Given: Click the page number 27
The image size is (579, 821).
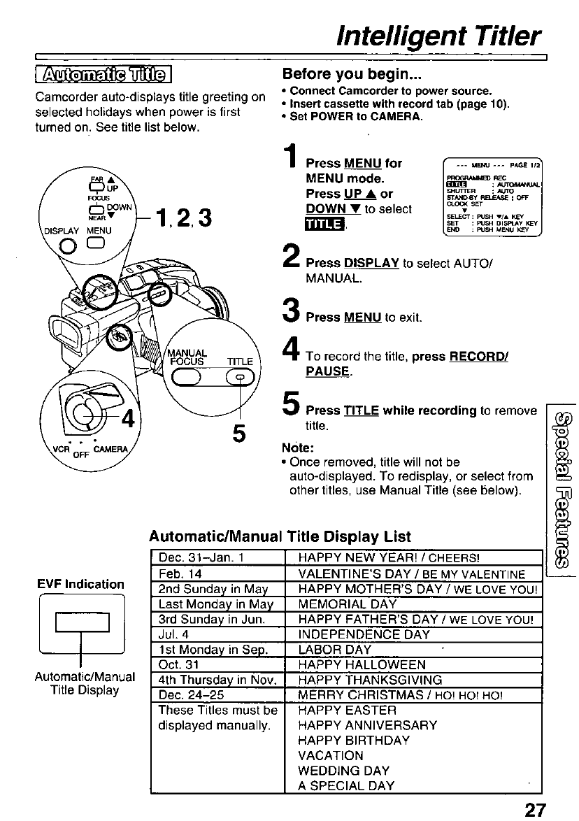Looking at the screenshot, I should click(535, 809).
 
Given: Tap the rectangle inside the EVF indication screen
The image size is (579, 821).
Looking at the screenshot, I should click(83, 622).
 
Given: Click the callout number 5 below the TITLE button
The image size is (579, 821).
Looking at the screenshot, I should click(239, 434).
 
